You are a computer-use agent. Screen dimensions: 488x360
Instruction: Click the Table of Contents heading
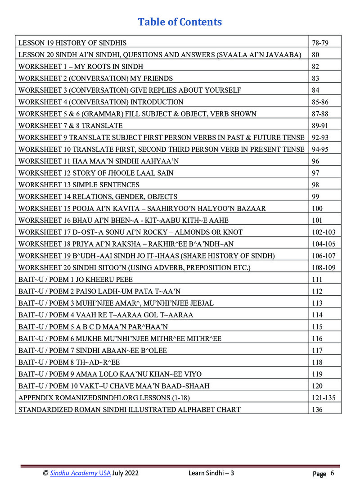[x=180, y=22]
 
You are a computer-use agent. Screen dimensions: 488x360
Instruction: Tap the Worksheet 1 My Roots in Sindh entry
[x=81, y=67]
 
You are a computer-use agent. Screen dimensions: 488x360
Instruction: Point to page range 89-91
[x=319, y=126]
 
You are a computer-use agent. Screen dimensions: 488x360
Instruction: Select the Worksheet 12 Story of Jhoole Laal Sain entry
[x=96, y=173]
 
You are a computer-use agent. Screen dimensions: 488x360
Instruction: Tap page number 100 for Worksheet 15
[x=317, y=208]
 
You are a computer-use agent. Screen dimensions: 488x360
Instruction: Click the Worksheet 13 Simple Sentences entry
[x=79, y=185]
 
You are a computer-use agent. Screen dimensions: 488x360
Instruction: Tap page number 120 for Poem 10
[x=317, y=386]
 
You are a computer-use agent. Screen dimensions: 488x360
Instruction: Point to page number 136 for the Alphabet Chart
[x=317, y=409]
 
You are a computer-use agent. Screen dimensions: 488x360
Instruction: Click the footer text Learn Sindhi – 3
[x=211, y=473]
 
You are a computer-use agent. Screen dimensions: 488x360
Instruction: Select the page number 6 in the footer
[x=332, y=473]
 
